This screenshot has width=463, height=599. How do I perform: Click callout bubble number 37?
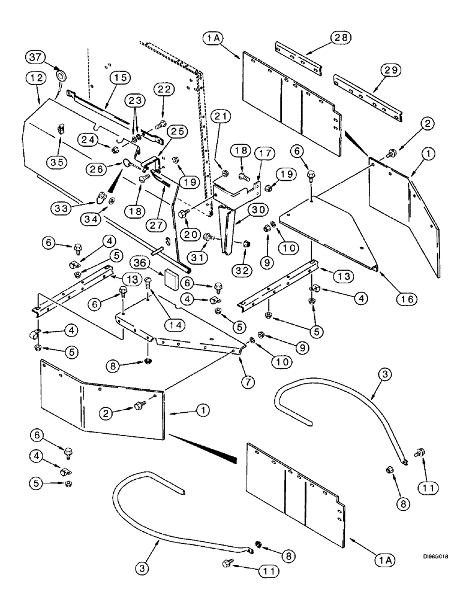pos(35,58)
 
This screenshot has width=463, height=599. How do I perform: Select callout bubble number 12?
pos(34,78)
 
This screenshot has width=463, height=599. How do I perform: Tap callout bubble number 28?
pos(340,38)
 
